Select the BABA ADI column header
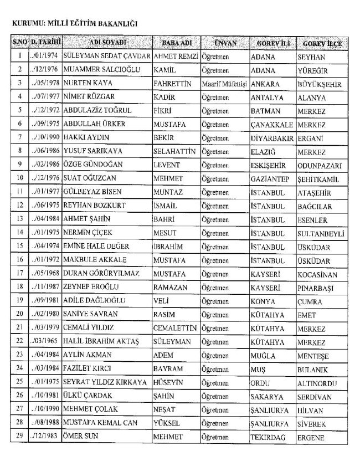[x=176, y=43]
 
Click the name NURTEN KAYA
[x=88, y=83]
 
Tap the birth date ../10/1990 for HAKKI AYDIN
[x=45, y=137]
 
